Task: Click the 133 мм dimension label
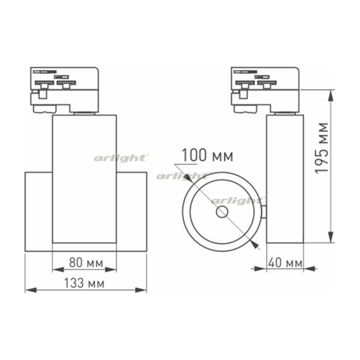click(84, 283)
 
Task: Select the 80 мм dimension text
click(86, 263)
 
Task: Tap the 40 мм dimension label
click(285, 262)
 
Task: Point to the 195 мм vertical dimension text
click(322, 148)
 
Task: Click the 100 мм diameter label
click(208, 155)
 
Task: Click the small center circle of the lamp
click(222, 212)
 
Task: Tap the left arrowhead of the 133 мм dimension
click(31, 290)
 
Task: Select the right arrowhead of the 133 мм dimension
click(141, 290)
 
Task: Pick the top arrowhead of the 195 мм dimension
click(331, 95)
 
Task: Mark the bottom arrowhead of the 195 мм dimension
click(331, 237)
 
